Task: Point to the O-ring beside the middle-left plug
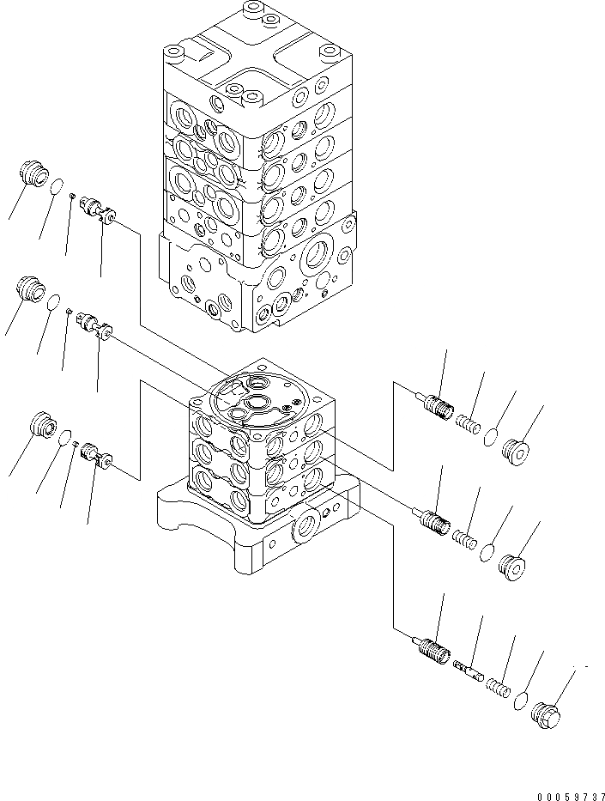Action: coord(54,300)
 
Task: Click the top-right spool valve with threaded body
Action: coord(437,405)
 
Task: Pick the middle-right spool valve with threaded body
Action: coord(434,520)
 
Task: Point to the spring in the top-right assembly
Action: coord(466,423)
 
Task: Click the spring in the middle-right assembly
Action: coord(464,539)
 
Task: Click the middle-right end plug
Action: coord(511,567)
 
